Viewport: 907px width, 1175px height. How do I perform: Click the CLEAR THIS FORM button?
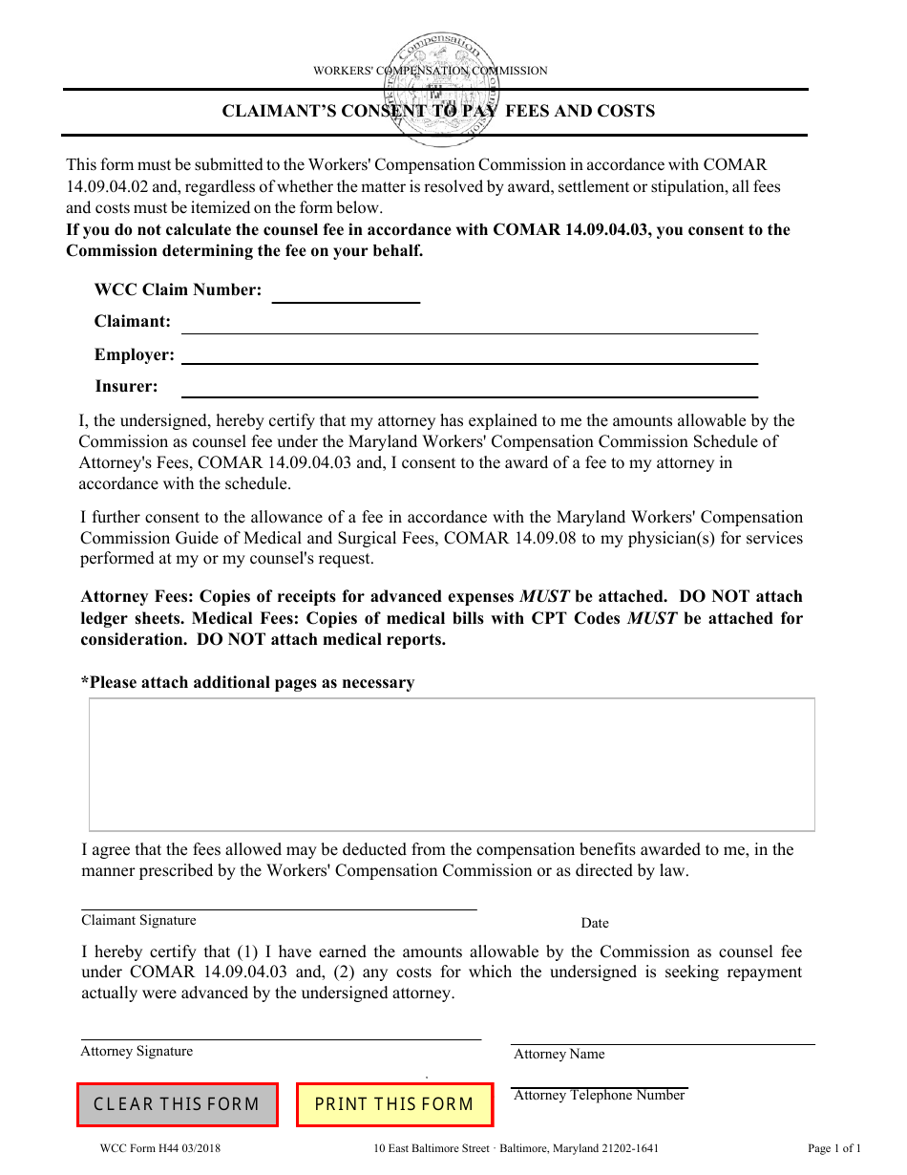click(x=177, y=1104)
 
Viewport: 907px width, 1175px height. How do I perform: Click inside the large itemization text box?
click(x=452, y=764)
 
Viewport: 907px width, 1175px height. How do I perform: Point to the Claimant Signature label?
click(x=138, y=921)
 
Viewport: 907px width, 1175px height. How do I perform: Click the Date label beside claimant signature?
click(x=595, y=924)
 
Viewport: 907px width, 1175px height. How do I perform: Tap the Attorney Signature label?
click(x=137, y=1052)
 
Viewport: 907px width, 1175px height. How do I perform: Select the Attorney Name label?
click(x=559, y=1055)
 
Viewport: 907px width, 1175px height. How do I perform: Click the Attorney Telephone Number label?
click(x=600, y=1096)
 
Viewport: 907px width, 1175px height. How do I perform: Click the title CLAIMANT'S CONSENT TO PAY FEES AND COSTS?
click(x=438, y=111)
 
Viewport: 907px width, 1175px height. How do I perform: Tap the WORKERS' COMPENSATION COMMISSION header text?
click(x=431, y=71)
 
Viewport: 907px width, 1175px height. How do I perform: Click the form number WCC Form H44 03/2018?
click(x=159, y=1149)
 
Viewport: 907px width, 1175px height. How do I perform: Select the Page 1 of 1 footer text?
click(x=833, y=1149)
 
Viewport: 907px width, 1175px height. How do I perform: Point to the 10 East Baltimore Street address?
click(x=517, y=1149)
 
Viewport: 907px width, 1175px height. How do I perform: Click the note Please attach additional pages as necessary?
click(x=248, y=683)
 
